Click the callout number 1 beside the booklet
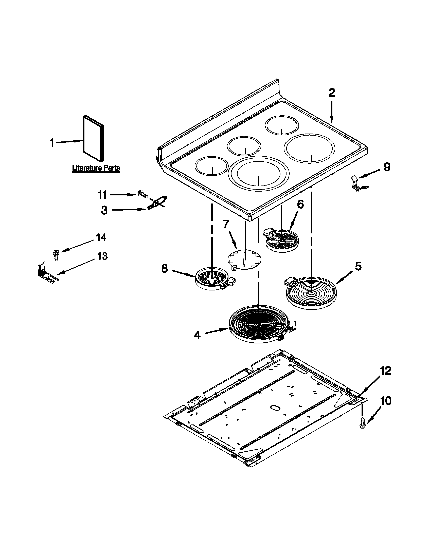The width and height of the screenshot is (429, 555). pyautogui.click(x=52, y=143)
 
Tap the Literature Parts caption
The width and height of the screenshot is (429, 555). pyautogui.click(x=96, y=168)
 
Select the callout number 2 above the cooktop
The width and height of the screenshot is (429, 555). pyautogui.click(x=332, y=93)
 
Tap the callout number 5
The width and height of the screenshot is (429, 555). pyautogui.click(x=358, y=267)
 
